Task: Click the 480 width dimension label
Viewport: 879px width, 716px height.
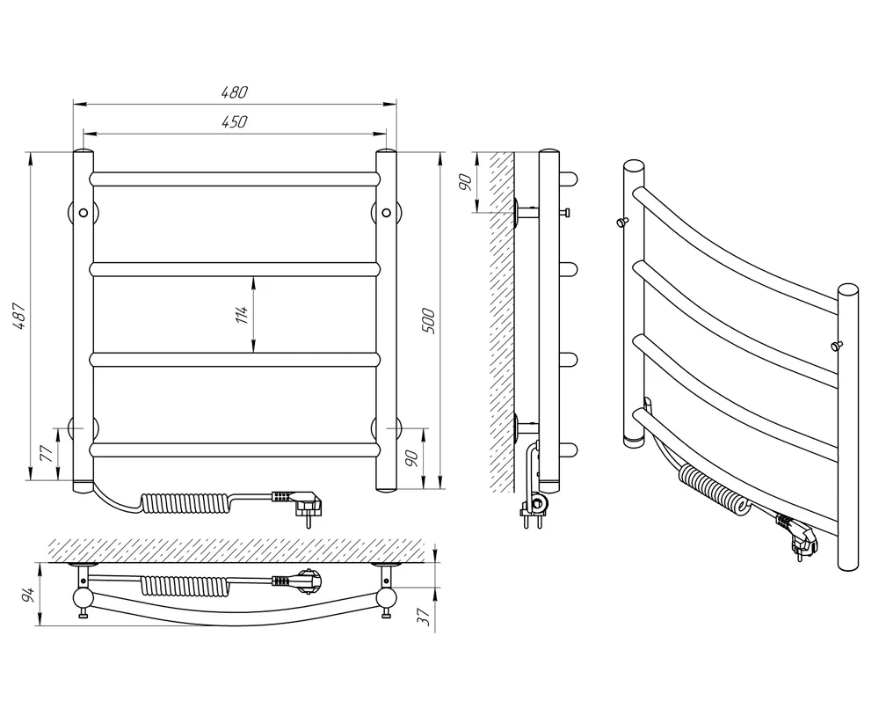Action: pos(234,91)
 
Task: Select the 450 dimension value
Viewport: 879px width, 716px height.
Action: pos(234,121)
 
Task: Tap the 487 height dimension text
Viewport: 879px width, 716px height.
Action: pos(19,316)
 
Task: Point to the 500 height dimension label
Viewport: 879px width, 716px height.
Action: pos(428,321)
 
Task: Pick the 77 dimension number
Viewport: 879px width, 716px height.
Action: pos(47,452)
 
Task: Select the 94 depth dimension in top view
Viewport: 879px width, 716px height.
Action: pos(30,594)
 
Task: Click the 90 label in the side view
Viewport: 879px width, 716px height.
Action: pos(465,182)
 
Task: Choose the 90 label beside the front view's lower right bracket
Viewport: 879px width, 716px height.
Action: pos(412,458)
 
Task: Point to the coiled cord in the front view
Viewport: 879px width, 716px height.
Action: pos(185,502)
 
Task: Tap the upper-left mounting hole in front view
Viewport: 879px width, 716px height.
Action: pos(84,213)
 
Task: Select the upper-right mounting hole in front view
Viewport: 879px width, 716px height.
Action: pos(386,213)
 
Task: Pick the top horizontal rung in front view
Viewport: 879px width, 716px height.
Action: pos(235,179)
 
